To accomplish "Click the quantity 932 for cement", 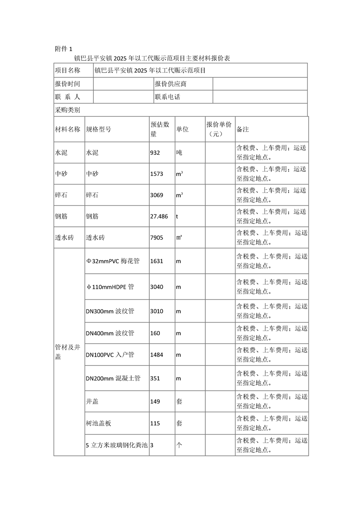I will point(155,153).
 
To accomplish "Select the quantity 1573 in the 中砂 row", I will point(157,174).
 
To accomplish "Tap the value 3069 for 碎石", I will point(157,195).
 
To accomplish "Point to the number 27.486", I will point(159,217).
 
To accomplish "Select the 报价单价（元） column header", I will point(219,129).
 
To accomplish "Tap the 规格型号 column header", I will point(98,129).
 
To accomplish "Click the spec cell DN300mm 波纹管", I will point(110,311).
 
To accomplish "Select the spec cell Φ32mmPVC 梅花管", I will point(112,261).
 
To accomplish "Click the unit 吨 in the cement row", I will point(179,153).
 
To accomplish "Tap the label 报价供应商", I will point(170,84).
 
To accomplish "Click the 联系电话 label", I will point(168,97).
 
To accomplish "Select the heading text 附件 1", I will point(63,49).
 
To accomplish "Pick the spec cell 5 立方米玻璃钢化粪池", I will point(117,445).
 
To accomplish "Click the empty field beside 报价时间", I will point(123,84).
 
